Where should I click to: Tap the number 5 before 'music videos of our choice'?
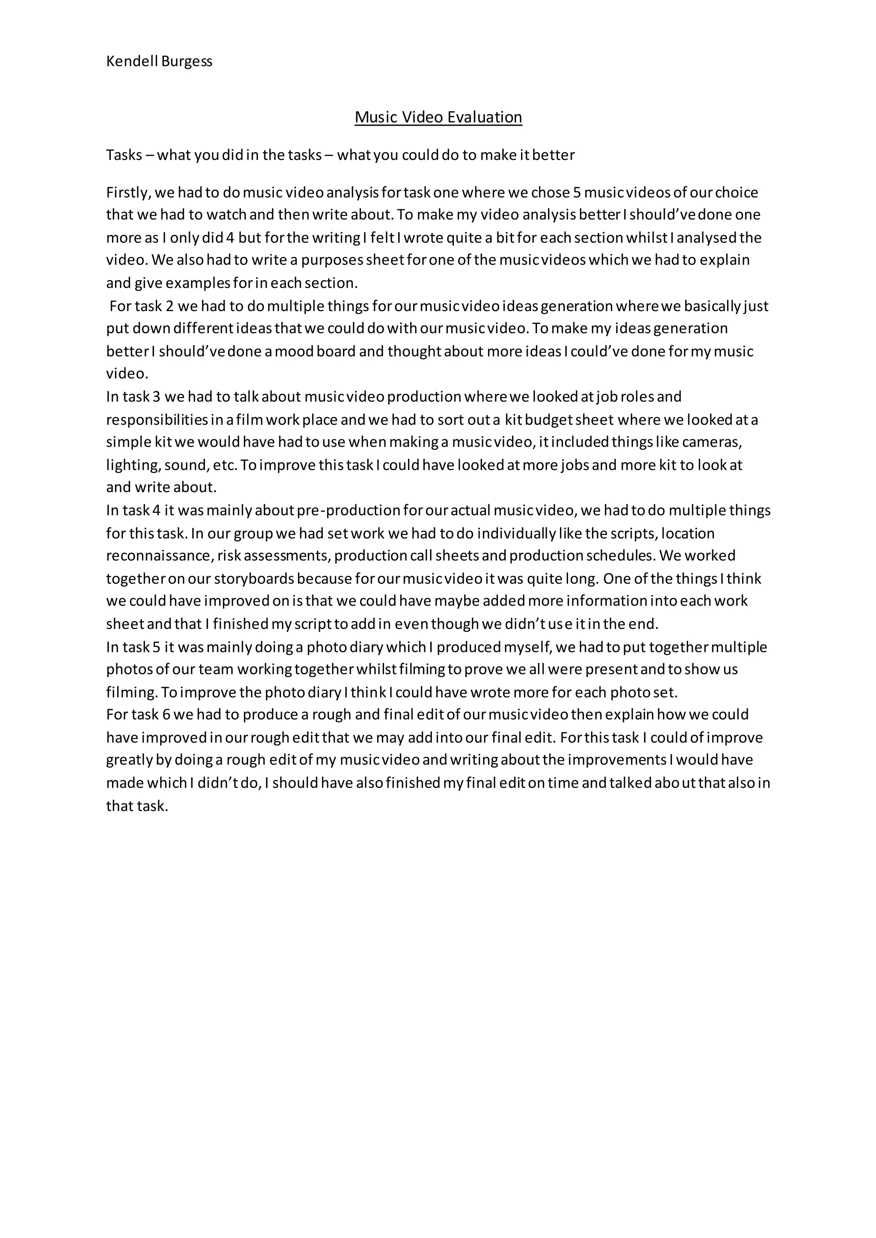[576, 192]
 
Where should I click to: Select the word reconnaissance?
[157, 555]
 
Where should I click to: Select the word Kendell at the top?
[132, 62]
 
